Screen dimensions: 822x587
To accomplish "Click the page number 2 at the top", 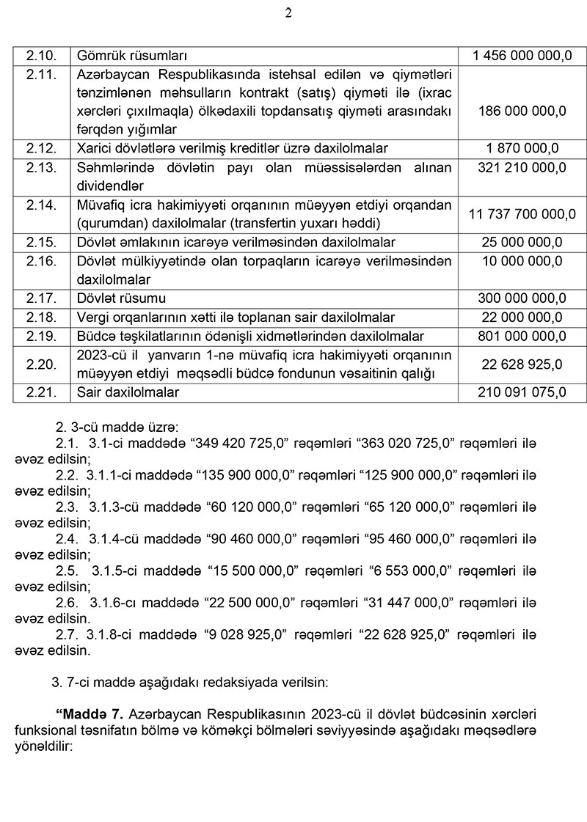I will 288,13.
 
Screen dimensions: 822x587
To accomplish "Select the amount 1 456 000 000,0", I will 522,56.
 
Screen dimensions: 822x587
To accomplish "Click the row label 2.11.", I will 41,74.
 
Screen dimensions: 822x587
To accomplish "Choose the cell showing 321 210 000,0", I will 522,167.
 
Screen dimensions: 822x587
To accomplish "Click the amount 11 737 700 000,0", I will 522,214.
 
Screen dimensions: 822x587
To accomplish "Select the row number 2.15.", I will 41,242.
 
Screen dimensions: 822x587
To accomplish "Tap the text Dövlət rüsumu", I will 121,298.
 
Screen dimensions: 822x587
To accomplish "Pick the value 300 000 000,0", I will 522,298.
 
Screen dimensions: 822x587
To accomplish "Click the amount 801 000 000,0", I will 522,337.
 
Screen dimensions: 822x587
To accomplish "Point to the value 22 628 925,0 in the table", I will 522,364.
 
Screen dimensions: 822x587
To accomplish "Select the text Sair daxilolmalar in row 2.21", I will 128,392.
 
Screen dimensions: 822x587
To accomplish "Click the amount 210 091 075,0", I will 522,392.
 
